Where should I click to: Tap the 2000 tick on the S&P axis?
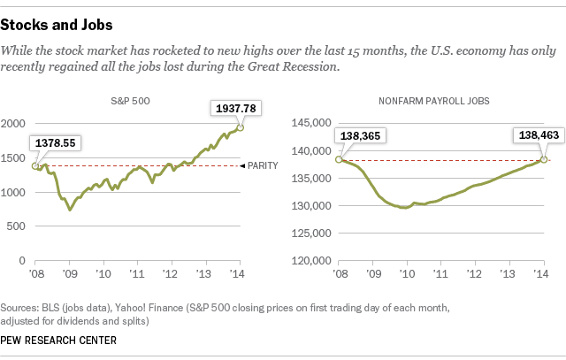point(15,125)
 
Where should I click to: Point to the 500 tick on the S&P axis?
point(19,226)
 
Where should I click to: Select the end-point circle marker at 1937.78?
point(239,128)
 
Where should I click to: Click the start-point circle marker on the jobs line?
point(338,159)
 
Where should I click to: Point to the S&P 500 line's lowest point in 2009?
point(70,210)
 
